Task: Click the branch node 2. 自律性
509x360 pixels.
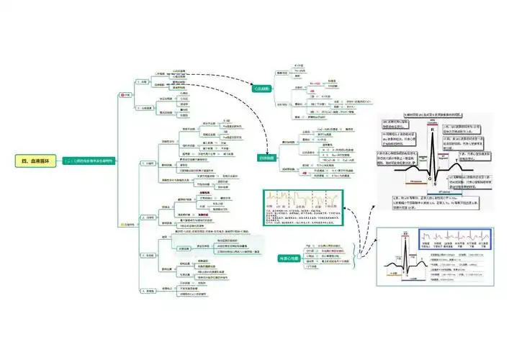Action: tap(150, 217)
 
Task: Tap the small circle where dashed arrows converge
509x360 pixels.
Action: tap(361, 257)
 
